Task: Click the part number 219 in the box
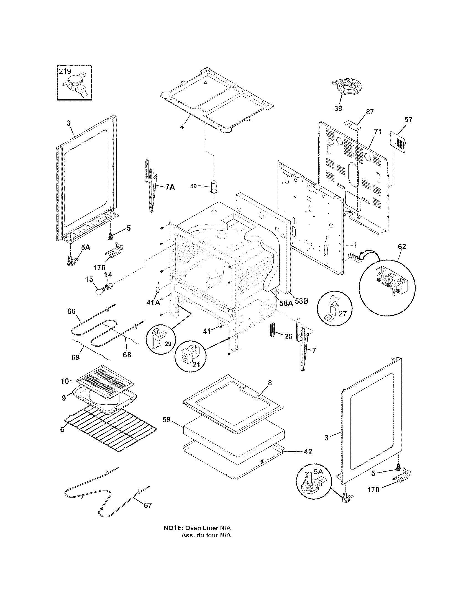(x=65, y=71)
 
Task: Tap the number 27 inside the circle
(x=342, y=314)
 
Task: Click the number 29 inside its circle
(x=168, y=344)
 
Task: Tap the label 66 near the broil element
(x=71, y=311)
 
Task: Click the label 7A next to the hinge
(x=170, y=187)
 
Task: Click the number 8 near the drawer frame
(x=270, y=383)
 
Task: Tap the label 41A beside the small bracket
(x=153, y=303)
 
